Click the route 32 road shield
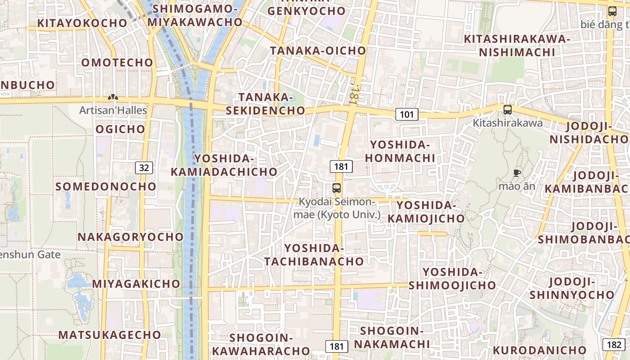click(144, 168)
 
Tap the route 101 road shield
click(407, 114)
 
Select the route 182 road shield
click(614, 345)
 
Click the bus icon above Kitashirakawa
click(508, 109)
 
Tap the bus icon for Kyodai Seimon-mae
click(337, 188)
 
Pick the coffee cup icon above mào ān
click(517, 173)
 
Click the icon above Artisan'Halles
click(113, 97)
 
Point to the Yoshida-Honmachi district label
click(400, 151)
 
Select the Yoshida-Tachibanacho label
click(314, 255)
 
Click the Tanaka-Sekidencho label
click(265, 103)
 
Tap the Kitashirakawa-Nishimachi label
click(517, 45)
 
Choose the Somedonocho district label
click(106, 186)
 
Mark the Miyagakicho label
click(136, 284)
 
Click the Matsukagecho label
click(110, 335)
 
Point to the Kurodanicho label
click(540, 350)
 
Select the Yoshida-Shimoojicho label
click(452, 279)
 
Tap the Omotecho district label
click(117, 63)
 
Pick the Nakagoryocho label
click(131, 237)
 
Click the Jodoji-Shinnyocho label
click(571, 288)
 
